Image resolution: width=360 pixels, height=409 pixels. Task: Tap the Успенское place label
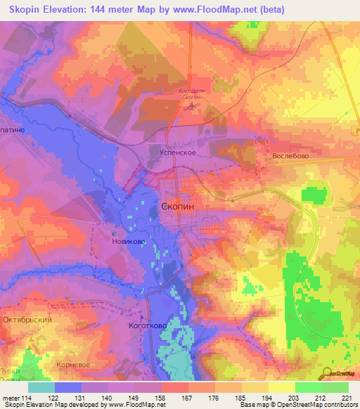[x=175, y=151]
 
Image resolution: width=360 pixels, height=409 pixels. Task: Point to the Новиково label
[x=129, y=242]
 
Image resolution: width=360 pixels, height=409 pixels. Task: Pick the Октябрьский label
[x=27, y=320]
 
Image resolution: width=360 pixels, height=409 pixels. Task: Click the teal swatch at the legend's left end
[x=41, y=387]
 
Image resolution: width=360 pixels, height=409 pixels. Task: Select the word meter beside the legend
[x=11, y=398]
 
